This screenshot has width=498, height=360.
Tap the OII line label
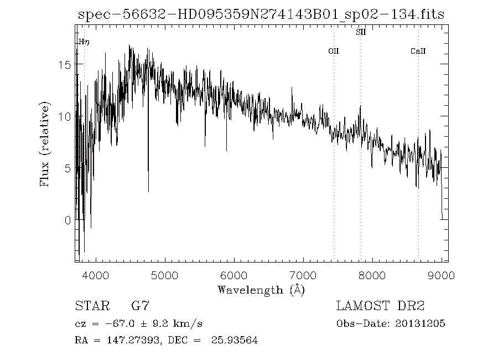click(333, 51)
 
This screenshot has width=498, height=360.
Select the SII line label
click(361, 32)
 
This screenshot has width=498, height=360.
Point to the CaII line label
click(418, 51)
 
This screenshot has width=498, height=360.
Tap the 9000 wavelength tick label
click(442, 274)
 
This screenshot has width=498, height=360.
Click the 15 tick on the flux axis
click(65, 64)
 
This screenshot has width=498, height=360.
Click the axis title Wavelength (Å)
click(261, 290)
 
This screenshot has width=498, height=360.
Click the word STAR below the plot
click(89, 306)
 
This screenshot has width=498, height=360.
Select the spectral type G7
click(139, 306)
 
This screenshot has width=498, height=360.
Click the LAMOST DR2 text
click(381, 306)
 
